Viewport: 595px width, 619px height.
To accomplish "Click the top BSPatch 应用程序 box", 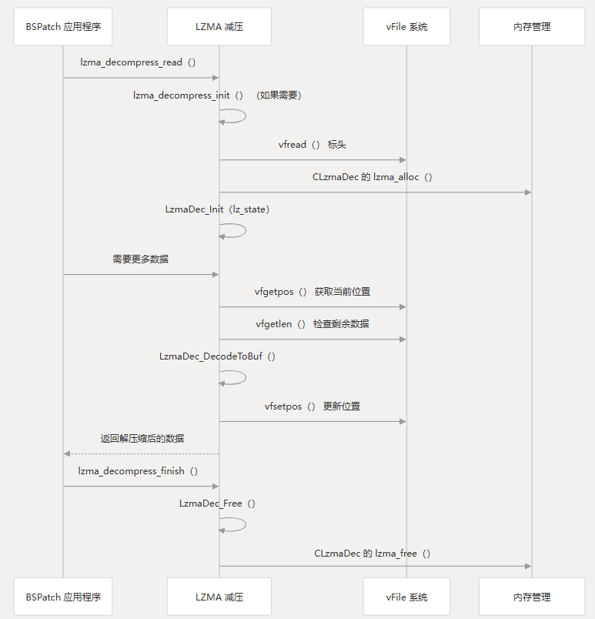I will [63, 27].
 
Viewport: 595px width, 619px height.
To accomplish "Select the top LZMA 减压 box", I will [219, 27].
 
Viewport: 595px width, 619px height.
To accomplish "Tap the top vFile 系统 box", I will [406, 27].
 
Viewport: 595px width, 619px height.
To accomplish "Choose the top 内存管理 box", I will [532, 27].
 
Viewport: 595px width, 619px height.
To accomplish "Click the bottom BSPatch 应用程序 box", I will [63, 597].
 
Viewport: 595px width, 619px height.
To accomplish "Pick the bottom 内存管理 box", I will [532, 597].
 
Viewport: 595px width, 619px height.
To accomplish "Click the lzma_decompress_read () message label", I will [138, 62].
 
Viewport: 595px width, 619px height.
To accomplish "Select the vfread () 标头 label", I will [312, 145].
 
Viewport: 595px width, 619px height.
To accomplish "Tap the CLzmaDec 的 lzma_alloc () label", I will [373, 177].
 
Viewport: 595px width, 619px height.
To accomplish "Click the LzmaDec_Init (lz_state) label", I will [217, 209].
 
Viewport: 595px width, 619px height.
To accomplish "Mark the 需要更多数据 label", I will [140, 259].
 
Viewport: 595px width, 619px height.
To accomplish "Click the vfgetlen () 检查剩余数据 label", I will [313, 324].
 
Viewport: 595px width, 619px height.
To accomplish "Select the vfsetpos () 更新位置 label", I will [313, 407].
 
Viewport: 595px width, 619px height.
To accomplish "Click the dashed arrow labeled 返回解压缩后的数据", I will [142, 454].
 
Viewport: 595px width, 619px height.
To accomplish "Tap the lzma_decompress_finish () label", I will [138, 471].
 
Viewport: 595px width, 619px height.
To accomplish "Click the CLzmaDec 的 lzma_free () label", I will [373, 554].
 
